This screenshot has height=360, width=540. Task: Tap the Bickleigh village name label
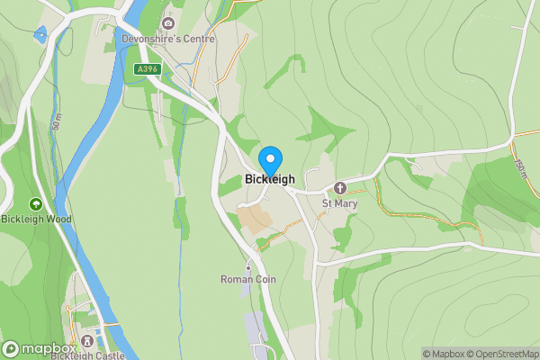270,179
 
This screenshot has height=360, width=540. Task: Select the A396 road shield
148,69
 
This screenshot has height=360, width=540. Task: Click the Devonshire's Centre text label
168,40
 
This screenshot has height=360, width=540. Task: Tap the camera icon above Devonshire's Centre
167,23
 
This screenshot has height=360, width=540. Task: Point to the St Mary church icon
340,188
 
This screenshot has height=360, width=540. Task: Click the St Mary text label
340,203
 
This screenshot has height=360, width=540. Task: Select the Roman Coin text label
248,280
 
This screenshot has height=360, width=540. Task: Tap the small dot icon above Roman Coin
248,267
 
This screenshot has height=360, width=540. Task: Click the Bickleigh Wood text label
36,219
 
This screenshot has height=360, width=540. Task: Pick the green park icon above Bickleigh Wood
36,204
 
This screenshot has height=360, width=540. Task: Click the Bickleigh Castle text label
87,355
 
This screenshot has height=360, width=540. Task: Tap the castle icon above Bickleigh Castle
87,341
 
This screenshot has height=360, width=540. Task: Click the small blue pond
39,36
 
